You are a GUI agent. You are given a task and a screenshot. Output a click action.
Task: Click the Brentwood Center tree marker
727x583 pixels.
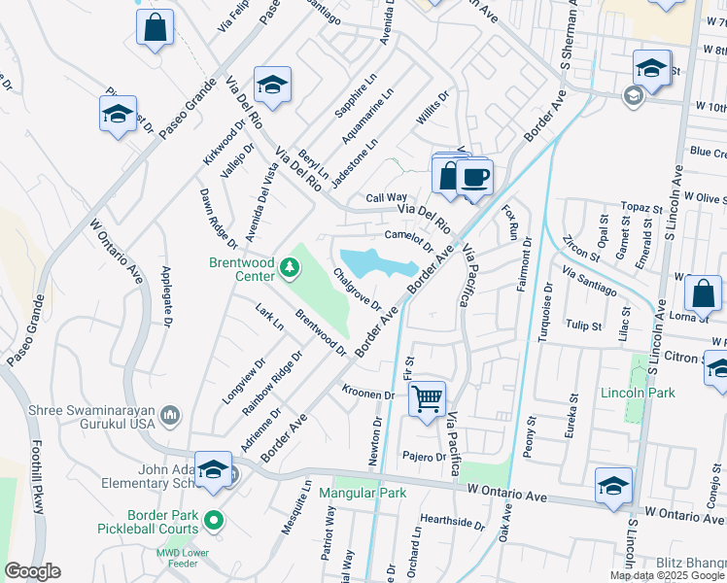click(x=289, y=266)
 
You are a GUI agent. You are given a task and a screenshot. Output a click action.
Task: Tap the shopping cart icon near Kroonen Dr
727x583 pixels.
click(x=428, y=397)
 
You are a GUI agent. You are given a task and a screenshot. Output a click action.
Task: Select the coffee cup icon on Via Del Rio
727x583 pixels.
click(x=474, y=177)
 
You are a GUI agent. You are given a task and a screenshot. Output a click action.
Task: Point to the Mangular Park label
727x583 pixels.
click(x=363, y=493)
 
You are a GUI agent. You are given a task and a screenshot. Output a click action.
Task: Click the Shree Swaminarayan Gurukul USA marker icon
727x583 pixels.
click(x=170, y=416)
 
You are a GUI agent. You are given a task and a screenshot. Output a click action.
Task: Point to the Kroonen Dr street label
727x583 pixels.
click(x=367, y=394)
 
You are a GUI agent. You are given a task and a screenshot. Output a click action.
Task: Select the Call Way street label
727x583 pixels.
click(x=386, y=197)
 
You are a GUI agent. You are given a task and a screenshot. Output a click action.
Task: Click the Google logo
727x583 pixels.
click(x=32, y=571)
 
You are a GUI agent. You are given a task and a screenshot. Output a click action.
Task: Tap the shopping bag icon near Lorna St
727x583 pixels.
click(x=702, y=292)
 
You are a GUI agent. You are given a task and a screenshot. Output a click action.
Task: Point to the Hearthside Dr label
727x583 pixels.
click(x=452, y=522)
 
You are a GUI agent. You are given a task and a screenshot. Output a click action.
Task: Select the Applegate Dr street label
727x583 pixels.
click(x=166, y=295)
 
